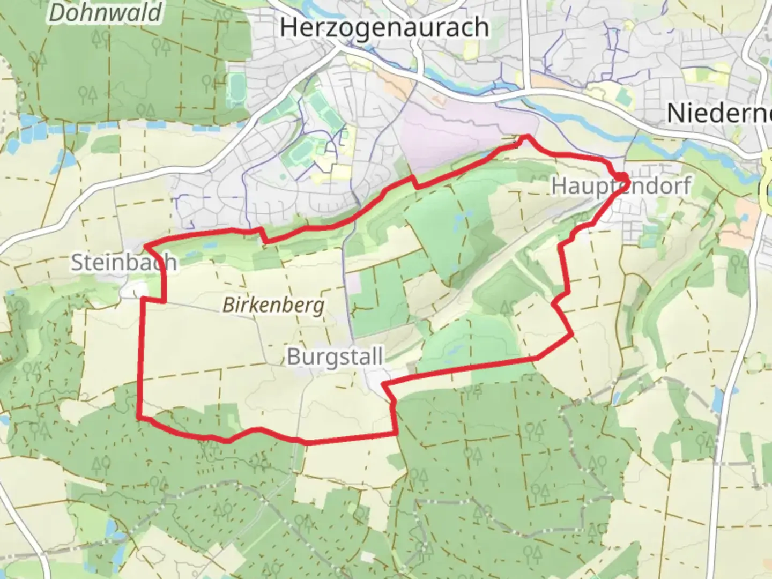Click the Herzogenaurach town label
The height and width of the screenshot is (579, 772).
[384, 28]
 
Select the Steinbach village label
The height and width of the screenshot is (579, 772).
[124, 262]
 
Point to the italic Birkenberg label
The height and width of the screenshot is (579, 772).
[273, 306]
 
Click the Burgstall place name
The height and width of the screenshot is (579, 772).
[335, 357]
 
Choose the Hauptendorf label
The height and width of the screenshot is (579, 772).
[621, 186]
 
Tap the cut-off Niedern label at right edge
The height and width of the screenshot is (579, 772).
[718, 113]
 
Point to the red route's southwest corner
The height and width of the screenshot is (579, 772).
[139, 416]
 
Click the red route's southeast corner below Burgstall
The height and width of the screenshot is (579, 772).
[397, 433]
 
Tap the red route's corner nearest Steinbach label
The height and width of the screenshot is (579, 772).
[146, 247]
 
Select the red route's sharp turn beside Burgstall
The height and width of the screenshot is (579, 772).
[383, 384]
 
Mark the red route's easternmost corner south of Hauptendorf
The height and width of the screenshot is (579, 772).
[573, 336]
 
